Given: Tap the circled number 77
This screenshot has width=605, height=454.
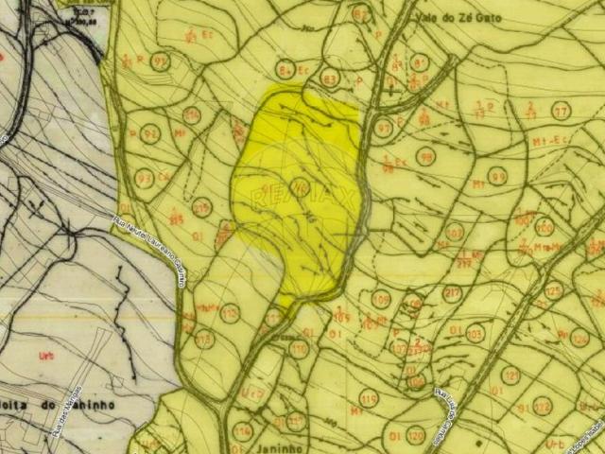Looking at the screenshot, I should (x=562, y=111).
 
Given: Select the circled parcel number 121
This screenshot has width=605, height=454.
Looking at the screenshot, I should (x=510, y=375).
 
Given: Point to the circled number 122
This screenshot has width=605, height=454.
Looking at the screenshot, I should (x=541, y=406).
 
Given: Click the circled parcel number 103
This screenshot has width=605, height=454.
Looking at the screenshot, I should (x=475, y=333).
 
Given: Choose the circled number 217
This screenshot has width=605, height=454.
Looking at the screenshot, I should (x=451, y=293).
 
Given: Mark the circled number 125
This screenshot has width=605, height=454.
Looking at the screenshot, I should (x=554, y=290).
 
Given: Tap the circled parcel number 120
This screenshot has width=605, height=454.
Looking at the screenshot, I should (x=416, y=436).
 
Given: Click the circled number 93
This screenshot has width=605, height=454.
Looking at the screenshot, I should (x=145, y=178).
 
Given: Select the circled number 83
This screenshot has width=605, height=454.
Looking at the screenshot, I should (x=330, y=78).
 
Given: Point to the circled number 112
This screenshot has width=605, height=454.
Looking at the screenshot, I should (x=230, y=311).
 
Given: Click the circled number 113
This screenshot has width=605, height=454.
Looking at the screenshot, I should (x=203, y=339).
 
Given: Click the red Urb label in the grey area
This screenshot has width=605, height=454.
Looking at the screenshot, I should (x=43, y=356).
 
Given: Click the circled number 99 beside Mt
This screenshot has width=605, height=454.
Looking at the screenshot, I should (x=498, y=176).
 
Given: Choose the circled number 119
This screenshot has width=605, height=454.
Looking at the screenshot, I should (x=369, y=397).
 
